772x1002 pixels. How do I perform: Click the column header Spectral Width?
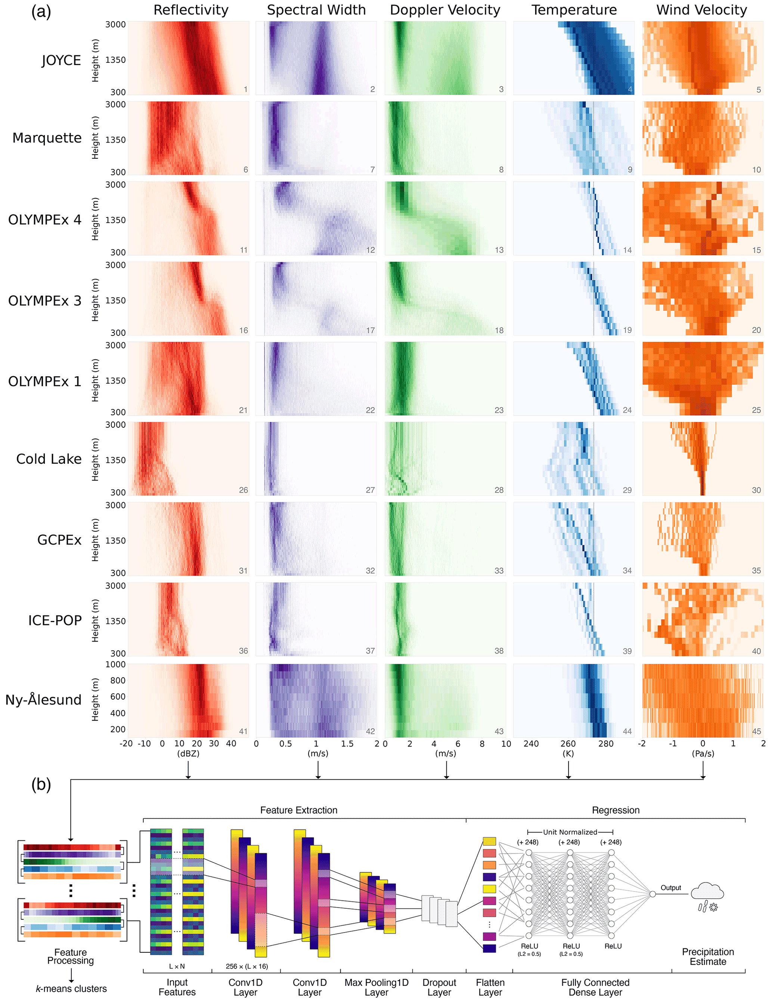pos(316,10)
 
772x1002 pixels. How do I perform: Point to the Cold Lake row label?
pos(49,459)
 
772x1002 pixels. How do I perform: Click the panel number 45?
pos(756,731)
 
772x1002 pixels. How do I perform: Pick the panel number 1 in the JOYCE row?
pos(245,89)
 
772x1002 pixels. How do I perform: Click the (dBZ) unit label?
pos(188,753)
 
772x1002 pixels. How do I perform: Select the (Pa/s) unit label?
pos(703,753)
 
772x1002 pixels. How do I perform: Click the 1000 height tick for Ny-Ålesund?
pos(115,664)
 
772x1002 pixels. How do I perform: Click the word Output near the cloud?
pos(671,888)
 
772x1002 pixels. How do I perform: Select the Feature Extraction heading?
pos(299,810)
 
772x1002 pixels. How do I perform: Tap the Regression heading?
pos(616,810)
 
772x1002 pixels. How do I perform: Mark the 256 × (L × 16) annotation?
pos(247,966)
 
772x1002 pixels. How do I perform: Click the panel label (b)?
pos(41,785)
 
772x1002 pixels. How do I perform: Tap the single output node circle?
pos(652,894)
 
